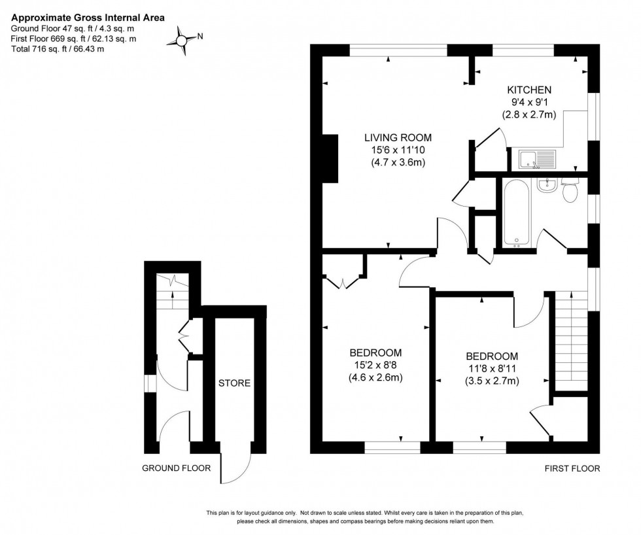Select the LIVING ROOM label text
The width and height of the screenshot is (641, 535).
point(398,137)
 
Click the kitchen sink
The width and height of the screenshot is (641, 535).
point(536,158)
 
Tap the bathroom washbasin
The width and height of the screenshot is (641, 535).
point(546,185)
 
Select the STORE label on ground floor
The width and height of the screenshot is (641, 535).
point(234,383)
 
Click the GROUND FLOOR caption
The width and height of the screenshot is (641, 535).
point(177,468)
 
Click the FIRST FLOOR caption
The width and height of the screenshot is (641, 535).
point(572,468)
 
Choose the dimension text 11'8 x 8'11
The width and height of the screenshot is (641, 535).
point(492,369)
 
